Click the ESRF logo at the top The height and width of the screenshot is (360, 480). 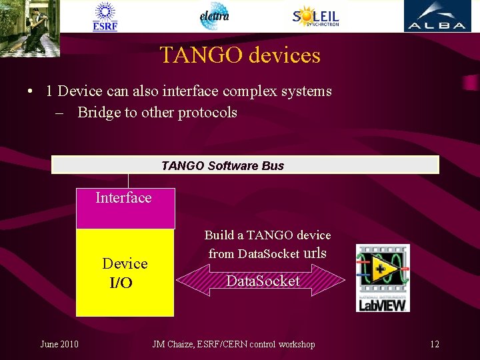click(105, 17)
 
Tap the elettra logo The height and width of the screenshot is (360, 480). click(215, 16)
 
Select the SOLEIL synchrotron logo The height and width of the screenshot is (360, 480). click(315, 16)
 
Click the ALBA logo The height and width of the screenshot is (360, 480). click(437, 16)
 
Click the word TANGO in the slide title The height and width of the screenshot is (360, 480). click(201, 55)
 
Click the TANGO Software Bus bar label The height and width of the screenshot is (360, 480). click(223, 165)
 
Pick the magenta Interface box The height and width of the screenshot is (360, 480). click(125, 209)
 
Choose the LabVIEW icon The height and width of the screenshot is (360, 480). click(383, 277)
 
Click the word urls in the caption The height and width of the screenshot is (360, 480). click(315, 253)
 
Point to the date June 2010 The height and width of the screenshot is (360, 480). click(59, 344)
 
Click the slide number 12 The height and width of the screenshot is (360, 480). click(435, 344)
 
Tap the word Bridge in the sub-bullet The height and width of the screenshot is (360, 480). click(98, 112)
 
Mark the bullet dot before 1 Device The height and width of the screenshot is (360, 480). click(31, 91)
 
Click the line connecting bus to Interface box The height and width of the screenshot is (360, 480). click(129, 181)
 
